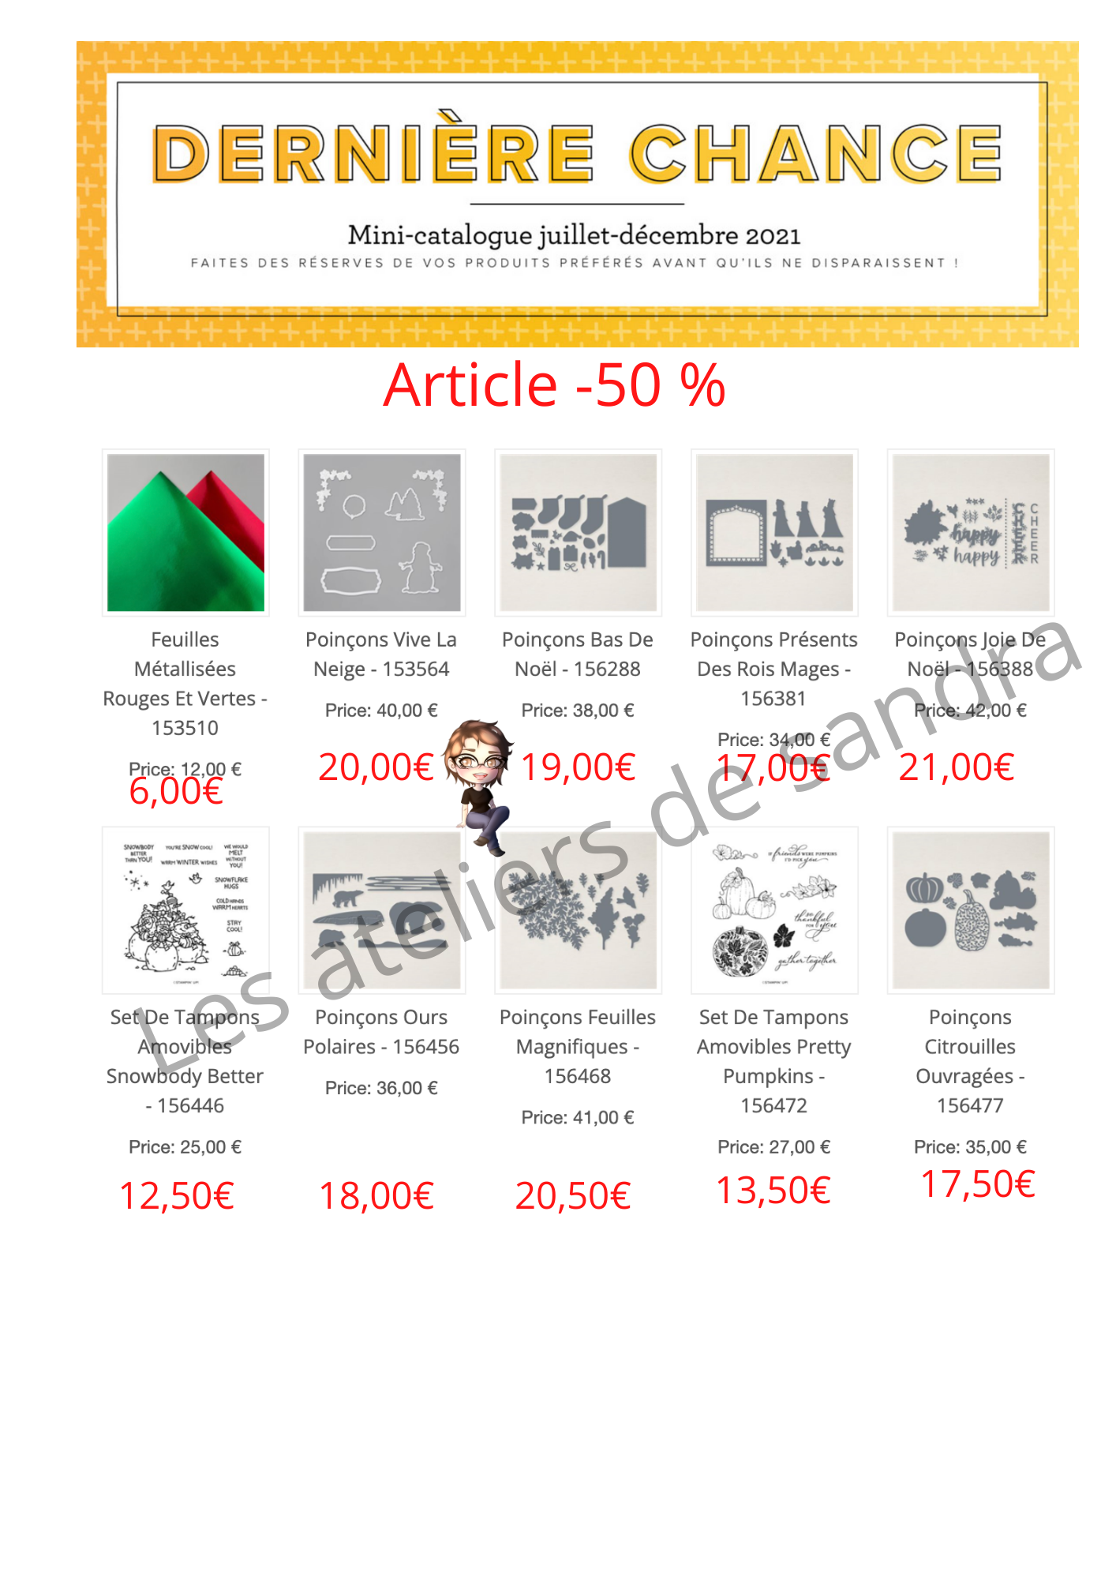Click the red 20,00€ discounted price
coord(376,767)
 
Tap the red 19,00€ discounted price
coord(579,767)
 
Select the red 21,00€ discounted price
coord(956,767)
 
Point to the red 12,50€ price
coord(177,1196)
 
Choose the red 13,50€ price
coord(773,1191)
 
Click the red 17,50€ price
coord(978,1184)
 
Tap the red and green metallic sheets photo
coord(185,532)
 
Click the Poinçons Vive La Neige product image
coord(382,532)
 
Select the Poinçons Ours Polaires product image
coord(382,910)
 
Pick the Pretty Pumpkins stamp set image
coord(774,910)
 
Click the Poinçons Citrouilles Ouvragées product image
coord(971,910)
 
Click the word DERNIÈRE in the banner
coord(373,153)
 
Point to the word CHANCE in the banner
coord(815,153)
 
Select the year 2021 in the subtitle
coord(773,235)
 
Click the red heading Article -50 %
coord(554,385)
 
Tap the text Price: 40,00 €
coord(381,711)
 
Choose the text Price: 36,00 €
coord(381,1088)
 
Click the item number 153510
coord(185,728)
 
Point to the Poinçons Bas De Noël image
coord(578,532)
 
